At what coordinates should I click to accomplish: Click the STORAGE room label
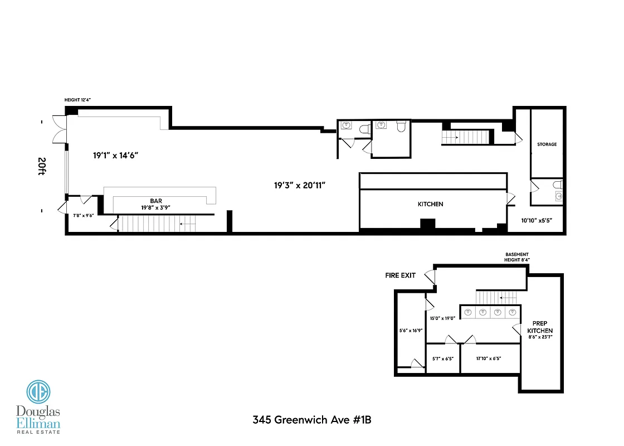point(547,144)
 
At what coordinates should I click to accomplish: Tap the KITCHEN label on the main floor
point(431,205)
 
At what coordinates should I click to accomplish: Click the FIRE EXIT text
point(401,275)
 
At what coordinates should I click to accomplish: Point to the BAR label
point(156,201)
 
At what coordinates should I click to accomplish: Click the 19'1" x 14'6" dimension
point(115,156)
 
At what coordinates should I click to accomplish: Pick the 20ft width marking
point(42,166)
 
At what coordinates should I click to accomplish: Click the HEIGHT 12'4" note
point(77,100)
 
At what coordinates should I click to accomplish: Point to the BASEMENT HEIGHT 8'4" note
point(517,257)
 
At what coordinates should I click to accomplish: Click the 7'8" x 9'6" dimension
point(84,215)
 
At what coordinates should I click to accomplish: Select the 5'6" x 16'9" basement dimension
point(411,330)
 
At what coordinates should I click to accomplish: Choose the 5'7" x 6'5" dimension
point(443,358)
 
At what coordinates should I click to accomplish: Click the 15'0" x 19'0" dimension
point(443,318)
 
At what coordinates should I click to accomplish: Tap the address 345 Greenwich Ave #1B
point(311,420)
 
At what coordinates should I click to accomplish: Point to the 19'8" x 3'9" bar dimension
point(156,207)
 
